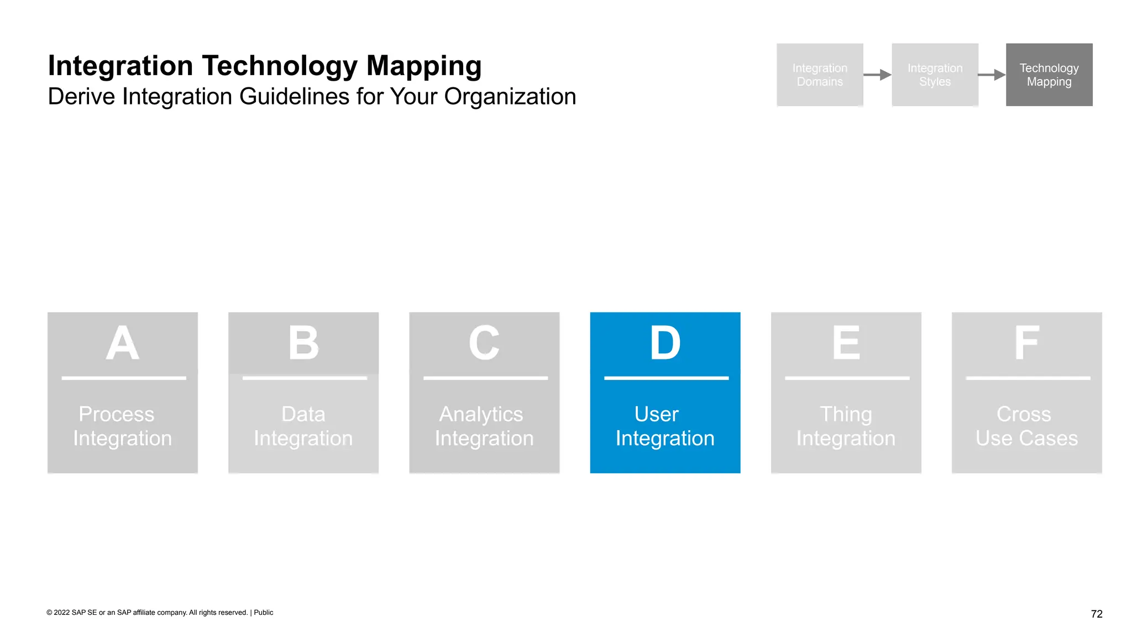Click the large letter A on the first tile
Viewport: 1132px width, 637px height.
[122, 343]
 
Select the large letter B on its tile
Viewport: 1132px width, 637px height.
[303, 343]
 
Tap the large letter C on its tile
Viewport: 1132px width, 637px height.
[484, 343]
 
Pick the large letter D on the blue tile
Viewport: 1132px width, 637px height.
[665, 343]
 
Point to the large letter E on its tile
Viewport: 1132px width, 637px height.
[846, 343]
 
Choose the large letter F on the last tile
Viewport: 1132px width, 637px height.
[1026, 343]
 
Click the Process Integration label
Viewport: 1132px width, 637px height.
[122, 426]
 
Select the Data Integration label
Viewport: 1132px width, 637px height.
[303, 426]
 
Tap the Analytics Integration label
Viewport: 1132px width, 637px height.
[484, 426]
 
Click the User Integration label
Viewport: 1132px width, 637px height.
[665, 426]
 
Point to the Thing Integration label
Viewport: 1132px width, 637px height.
[846, 426]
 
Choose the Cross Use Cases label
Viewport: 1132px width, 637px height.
[1026, 426]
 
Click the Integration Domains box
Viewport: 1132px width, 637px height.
[820, 75]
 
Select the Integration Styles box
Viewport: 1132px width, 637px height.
[935, 75]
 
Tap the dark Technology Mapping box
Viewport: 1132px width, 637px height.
[1049, 75]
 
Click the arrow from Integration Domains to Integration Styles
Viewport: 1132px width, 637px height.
[877, 75]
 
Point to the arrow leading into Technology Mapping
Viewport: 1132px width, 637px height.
[992, 75]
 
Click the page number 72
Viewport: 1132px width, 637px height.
[1097, 614]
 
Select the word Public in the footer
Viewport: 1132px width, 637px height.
[264, 613]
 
